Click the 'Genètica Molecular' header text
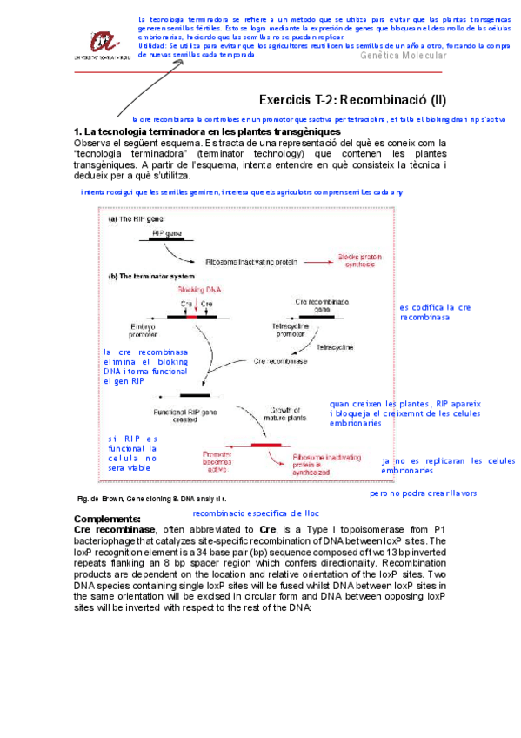click(403, 56)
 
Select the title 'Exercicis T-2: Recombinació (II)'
click(352, 100)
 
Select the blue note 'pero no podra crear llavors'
click(423, 493)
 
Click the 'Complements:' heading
click(107, 520)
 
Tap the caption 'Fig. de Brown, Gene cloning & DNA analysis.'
click(152, 500)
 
